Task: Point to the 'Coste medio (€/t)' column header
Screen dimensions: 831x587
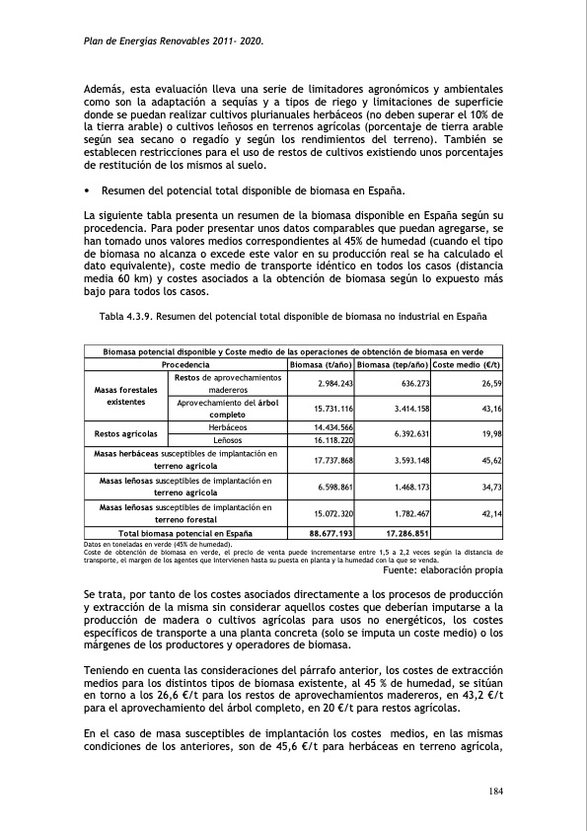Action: pos(467,364)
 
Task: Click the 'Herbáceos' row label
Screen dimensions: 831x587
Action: pos(227,426)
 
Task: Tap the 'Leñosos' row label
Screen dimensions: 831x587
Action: pos(227,439)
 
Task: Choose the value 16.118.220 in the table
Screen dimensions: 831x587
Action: pos(333,440)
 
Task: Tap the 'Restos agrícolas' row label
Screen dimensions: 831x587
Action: pos(127,433)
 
